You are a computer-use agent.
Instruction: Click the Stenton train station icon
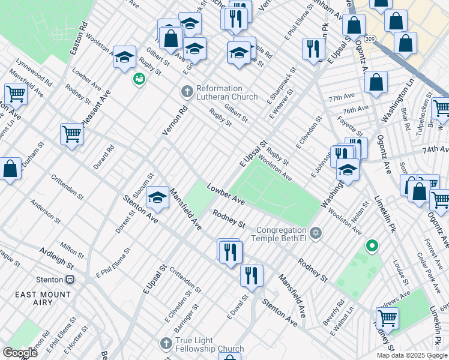click(x=70, y=280)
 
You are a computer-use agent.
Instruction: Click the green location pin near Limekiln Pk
click(x=372, y=245)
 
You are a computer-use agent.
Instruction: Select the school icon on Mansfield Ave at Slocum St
click(x=157, y=199)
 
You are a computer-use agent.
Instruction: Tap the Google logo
click(x=19, y=352)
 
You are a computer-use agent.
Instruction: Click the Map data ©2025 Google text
click(x=411, y=355)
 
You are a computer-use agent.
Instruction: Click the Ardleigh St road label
click(x=56, y=257)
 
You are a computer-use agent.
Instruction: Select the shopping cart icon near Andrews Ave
click(x=387, y=317)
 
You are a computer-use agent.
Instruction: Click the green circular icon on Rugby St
click(x=139, y=79)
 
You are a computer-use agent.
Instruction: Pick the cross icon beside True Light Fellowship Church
click(x=166, y=343)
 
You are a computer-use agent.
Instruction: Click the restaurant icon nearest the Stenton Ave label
click(x=251, y=275)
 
